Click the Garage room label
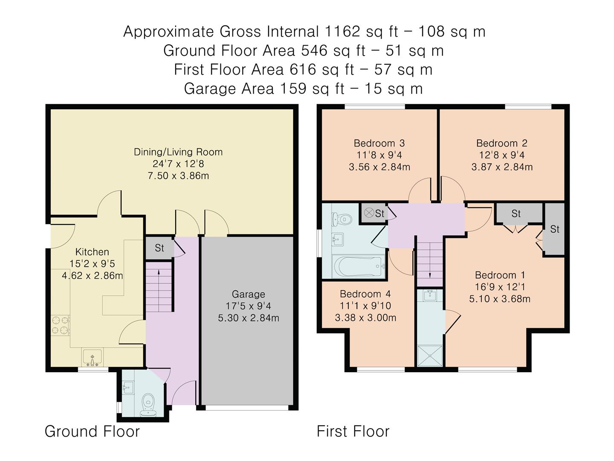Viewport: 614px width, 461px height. pos(248,294)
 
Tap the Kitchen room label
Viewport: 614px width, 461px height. pos(92,252)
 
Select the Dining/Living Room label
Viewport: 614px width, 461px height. pos(178,152)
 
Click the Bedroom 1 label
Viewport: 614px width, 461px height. pos(500,275)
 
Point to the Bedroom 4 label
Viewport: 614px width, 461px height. pos(365,294)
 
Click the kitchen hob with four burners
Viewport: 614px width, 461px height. pos(60,324)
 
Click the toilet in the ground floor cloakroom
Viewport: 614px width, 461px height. pos(148,404)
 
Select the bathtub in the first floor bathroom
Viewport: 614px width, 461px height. pos(359,266)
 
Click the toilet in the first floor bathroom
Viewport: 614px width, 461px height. pos(343,219)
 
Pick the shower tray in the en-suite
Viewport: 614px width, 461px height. pos(430,356)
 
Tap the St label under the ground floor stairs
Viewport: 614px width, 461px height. pos(159,248)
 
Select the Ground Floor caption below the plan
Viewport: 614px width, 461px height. pos(92,431)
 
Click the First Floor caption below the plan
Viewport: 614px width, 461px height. pos(353,431)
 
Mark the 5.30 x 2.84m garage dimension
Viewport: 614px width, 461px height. pos(248,318)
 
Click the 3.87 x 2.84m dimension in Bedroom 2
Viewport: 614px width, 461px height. pos(502,167)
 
